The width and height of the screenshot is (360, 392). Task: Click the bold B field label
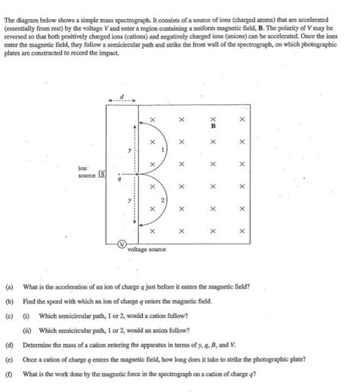coord(213,126)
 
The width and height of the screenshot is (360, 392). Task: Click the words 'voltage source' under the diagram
coord(147,248)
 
